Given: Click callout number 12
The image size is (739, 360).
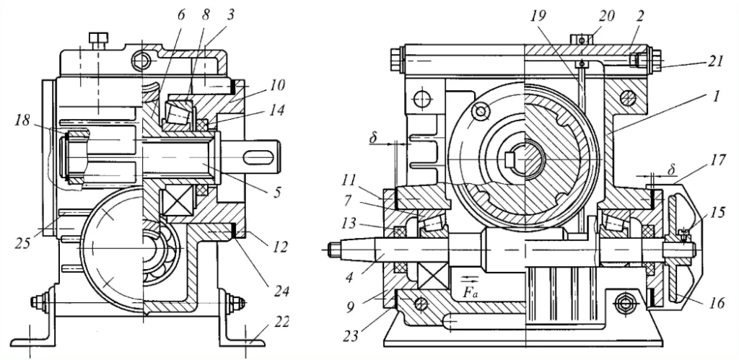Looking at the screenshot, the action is (x=280, y=247).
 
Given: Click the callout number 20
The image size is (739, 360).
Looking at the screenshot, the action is (x=606, y=17).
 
